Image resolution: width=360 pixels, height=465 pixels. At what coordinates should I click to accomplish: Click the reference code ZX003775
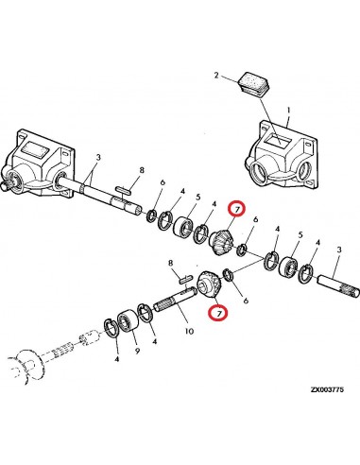pos(327,389)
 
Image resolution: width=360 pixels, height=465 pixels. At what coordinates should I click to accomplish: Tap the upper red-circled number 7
pos(237,209)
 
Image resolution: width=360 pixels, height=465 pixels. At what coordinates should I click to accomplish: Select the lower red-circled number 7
pos(219,313)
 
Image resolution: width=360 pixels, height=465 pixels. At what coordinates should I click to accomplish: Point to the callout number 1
pos(288,111)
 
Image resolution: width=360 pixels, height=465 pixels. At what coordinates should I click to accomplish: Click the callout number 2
pos(216,76)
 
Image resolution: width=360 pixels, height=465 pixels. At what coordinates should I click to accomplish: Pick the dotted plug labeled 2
pos(254,83)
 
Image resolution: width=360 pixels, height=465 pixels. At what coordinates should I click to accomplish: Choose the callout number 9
pos(137,351)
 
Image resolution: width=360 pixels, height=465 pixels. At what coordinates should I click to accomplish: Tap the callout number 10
pos(189,331)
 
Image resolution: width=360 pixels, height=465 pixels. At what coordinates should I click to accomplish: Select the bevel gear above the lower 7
pos(210,283)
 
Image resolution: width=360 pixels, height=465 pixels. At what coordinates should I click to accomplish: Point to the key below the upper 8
pos(123,190)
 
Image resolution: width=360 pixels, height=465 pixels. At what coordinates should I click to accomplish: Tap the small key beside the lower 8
pos(185,278)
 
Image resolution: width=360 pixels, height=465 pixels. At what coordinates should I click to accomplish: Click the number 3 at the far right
pos(338,250)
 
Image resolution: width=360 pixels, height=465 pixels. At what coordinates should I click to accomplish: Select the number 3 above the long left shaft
pos(98,158)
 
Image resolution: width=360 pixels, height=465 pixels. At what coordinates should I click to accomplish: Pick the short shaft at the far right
pos(339,285)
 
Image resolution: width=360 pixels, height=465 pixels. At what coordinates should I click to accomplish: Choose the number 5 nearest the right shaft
pos(300,235)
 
